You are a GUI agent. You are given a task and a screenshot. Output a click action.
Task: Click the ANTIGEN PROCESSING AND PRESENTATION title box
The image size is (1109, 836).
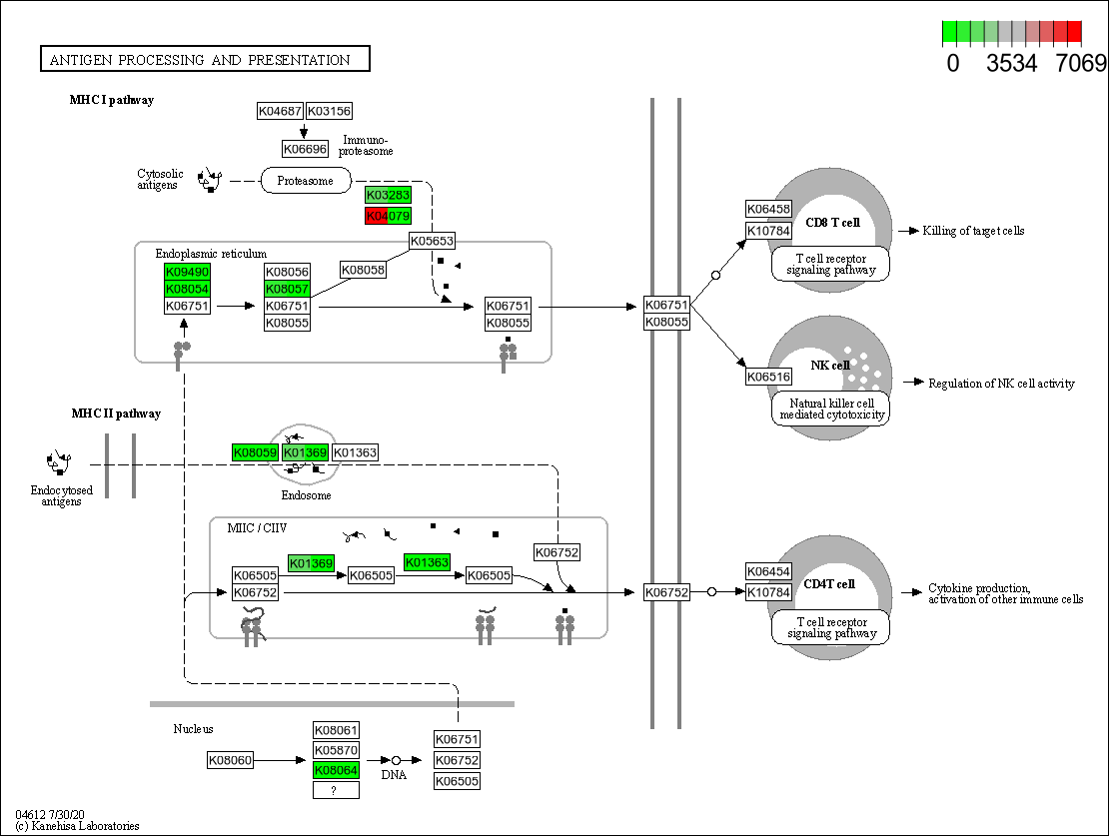pos(205,60)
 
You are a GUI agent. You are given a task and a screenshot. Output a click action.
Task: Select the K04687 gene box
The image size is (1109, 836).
pos(280,111)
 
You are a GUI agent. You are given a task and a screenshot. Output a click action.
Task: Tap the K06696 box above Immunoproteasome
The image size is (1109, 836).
pos(305,149)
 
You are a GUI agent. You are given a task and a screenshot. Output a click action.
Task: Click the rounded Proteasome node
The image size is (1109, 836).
pos(306,181)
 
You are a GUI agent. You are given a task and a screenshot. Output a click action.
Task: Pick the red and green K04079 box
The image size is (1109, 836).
pos(388,216)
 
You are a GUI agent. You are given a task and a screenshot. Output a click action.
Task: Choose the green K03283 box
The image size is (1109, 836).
pos(388,195)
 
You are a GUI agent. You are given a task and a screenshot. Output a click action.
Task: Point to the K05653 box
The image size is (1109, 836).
pos(432,241)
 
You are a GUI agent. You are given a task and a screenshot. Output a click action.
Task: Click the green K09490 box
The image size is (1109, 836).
pos(187,272)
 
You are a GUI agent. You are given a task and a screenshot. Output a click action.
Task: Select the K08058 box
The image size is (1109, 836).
pos(363,270)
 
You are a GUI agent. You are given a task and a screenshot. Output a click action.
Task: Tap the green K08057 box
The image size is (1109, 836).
pos(287,289)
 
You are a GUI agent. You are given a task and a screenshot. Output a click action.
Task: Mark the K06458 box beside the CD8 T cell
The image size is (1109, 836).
pos(768,210)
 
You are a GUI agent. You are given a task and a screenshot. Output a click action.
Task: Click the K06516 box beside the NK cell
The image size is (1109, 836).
pos(768,377)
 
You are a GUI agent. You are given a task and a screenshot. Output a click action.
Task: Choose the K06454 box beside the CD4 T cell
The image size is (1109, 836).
pos(768,571)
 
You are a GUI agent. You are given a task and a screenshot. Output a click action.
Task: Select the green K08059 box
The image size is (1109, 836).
pos(255,452)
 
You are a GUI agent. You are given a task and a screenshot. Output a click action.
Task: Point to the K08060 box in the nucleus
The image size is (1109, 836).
pos(231,760)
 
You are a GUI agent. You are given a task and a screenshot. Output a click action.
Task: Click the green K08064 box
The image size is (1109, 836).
pos(336,770)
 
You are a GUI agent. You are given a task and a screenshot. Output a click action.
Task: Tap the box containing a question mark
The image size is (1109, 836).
pos(336,790)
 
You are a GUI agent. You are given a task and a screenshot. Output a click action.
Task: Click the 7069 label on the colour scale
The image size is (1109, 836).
pos(1082,64)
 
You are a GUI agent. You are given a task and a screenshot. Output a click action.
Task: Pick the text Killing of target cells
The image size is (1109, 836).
pos(973,231)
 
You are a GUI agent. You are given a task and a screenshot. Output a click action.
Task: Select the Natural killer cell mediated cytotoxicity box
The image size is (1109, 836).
pos(831,409)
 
